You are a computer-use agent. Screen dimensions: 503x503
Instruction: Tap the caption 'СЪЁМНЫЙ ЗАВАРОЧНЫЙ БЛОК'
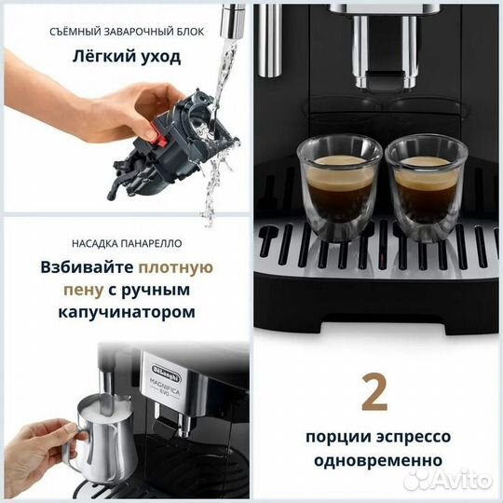(124, 32)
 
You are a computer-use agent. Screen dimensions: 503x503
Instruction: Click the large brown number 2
(374, 394)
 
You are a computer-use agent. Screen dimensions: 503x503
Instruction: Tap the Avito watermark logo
(453, 479)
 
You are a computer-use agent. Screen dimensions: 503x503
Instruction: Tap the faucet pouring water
(230, 19)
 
